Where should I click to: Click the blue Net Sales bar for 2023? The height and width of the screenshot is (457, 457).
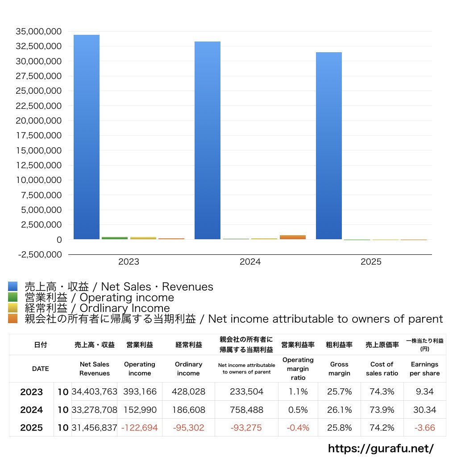(x=87, y=137)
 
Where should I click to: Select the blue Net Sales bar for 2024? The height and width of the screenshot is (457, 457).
(x=208, y=140)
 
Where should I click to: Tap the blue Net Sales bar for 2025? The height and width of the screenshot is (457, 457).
(x=329, y=145)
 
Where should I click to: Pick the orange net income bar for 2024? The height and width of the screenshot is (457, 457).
(x=293, y=237)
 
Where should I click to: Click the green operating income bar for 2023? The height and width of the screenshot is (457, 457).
(x=115, y=238)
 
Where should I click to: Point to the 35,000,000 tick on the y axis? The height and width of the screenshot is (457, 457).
(x=38, y=32)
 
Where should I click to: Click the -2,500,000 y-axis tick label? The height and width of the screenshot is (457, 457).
(x=38, y=254)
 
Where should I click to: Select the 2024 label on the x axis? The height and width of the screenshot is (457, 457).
(x=250, y=262)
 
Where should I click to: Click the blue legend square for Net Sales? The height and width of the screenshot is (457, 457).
(x=12, y=287)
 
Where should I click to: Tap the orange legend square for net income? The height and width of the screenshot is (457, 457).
(x=12, y=319)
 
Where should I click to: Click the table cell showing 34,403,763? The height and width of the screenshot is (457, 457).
(x=94, y=392)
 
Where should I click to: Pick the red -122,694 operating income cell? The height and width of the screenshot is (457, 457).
(x=139, y=428)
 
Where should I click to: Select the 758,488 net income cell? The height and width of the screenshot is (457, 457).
(x=247, y=410)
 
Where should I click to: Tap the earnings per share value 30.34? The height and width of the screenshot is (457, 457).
(x=424, y=410)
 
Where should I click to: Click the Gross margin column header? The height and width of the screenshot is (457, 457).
(x=339, y=369)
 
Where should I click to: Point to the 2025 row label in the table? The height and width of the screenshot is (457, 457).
(x=32, y=428)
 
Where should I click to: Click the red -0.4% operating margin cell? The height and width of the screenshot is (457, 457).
(x=298, y=428)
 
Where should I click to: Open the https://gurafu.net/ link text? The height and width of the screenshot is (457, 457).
(x=381, y=448)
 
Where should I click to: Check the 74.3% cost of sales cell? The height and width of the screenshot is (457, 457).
(x=382, y=392)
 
